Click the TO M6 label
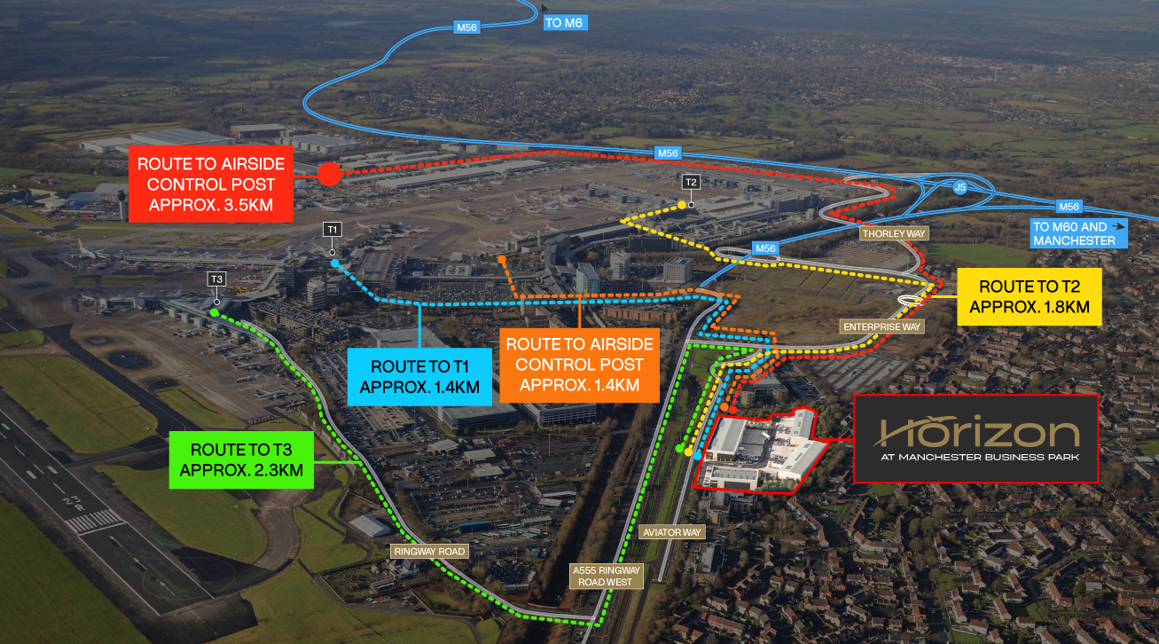[565, 23]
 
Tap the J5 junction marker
[959, 187]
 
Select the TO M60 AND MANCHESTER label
[1078, 233]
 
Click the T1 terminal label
[333, 230]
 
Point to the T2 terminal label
[691, 182]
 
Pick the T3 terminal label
[216, 279]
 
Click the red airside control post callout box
[210, 185]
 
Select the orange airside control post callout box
[580, 365]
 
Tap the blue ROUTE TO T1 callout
[419, 377]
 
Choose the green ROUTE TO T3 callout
[241, 459]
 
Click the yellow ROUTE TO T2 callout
[1030, 296]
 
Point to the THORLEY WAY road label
[894, 233]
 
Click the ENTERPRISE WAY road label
[881, 326]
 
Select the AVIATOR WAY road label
[671, 532]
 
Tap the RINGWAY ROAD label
[429, 552]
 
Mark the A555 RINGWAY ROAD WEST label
[606, 577]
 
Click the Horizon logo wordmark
[977, 431]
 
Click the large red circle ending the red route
[330, 175]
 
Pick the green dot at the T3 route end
[215, 312]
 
